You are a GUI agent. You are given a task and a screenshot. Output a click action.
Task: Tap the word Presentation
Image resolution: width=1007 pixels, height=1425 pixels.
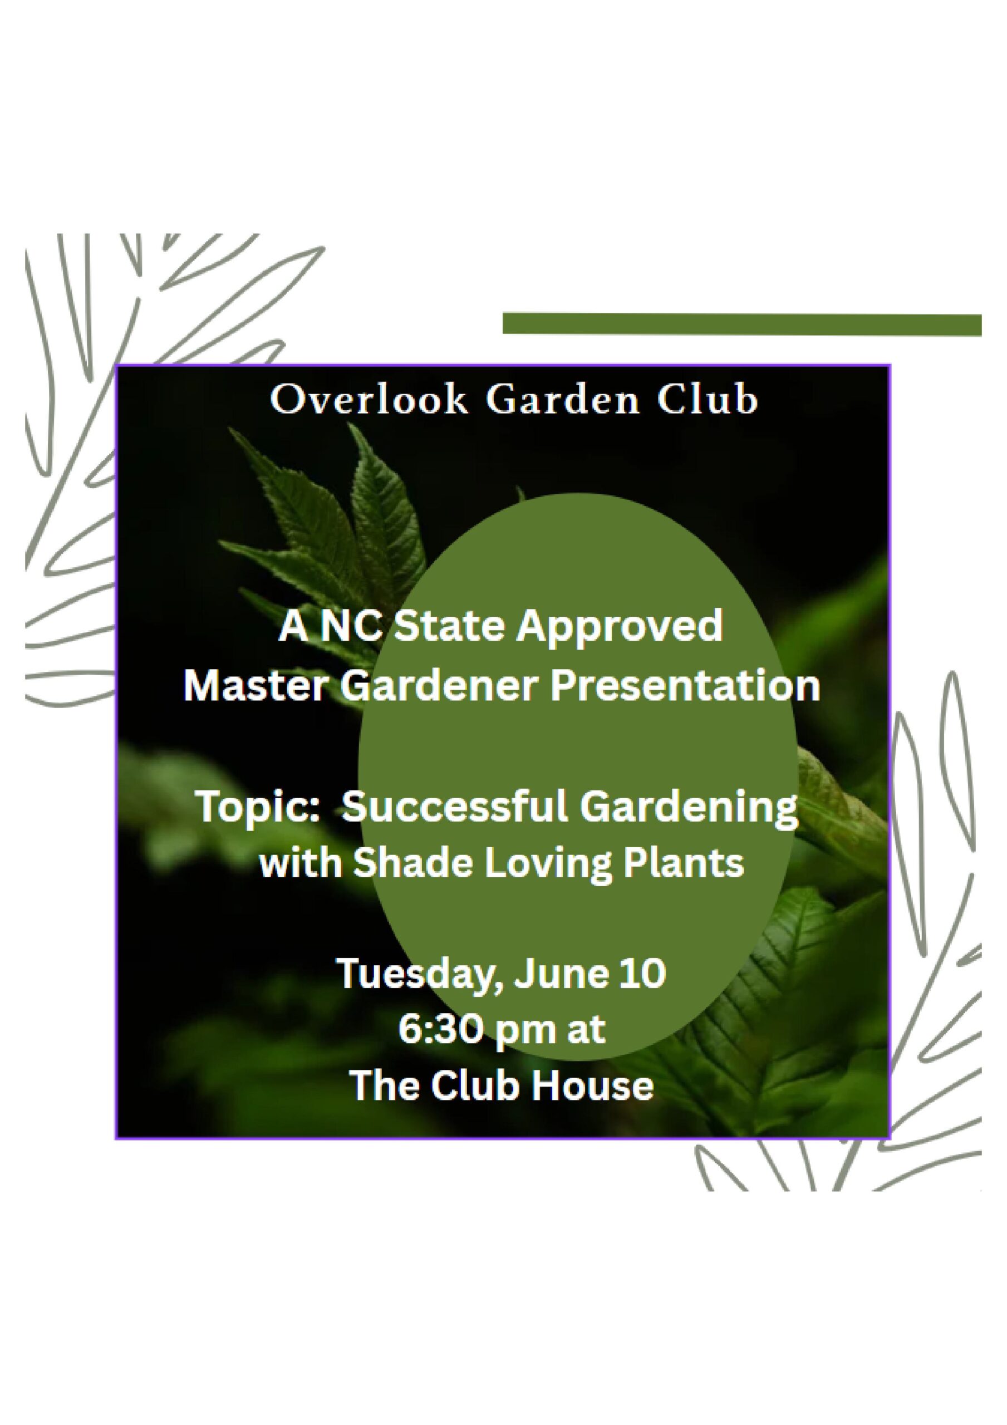click(685, 686)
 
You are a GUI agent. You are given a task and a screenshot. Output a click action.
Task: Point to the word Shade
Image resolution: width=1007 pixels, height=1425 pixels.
click(414, 863)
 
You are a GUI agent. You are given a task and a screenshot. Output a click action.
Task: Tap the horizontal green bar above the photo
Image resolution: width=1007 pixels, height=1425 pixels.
click(742, 325)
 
